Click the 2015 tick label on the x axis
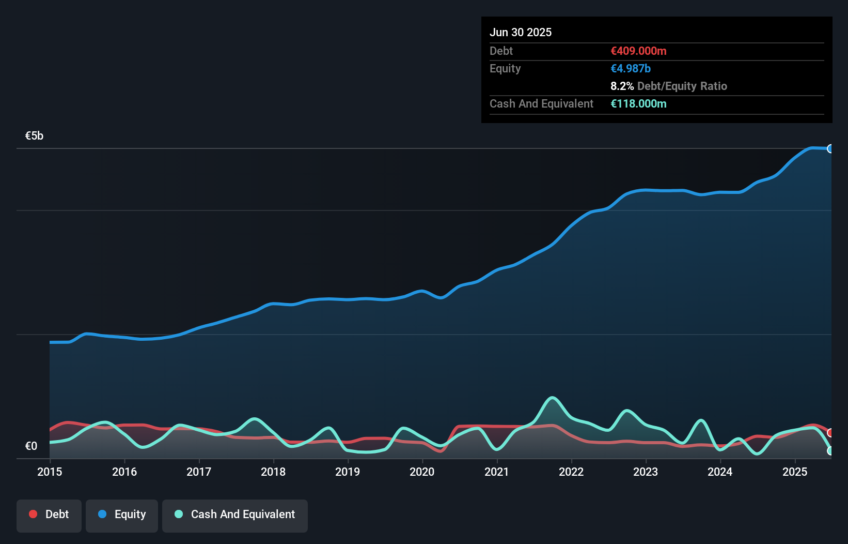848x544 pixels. pyautogui.click(x=50, y=472)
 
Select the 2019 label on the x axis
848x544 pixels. pyautogui.click(x=348, y=472)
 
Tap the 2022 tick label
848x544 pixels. pyautogui.click(x=571, y=472)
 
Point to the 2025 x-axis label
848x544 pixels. pyautogui.click(x=795, y=472)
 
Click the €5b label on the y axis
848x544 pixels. pyautogui.click(x=34, y=136)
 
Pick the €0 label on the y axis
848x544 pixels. pyautogui.click(x=31, y=446)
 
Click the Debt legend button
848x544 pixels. pyautogui.click(x=49, y=515)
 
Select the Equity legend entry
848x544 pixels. pyautogui.click(x=122, y=515)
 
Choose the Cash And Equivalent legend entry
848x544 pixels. pyautogui.click(x=235, y=515)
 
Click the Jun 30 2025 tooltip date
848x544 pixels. pyautogui.click(x=521, y=32)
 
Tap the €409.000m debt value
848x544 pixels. pyautogui.click(x=638, y=51)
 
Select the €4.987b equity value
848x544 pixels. pyautogui.click(x=631, y=68)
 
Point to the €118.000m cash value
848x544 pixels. pyautogui.click(x=638, y=103)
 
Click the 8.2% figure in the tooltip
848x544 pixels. pyautogui.click(x=622, y=86)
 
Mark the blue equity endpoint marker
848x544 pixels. pyautogui.click(x=830, y=149)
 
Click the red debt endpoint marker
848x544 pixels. pyautogui.click(x=830, y=433)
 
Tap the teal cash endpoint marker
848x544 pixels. pyautogui.click(x=830, y=451)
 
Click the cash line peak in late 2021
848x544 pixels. pyautogui.click(x=552, y=398)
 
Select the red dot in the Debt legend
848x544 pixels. pyautogui.click(x=33, y=514)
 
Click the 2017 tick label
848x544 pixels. pyautogui.click(x=199, y=472)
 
